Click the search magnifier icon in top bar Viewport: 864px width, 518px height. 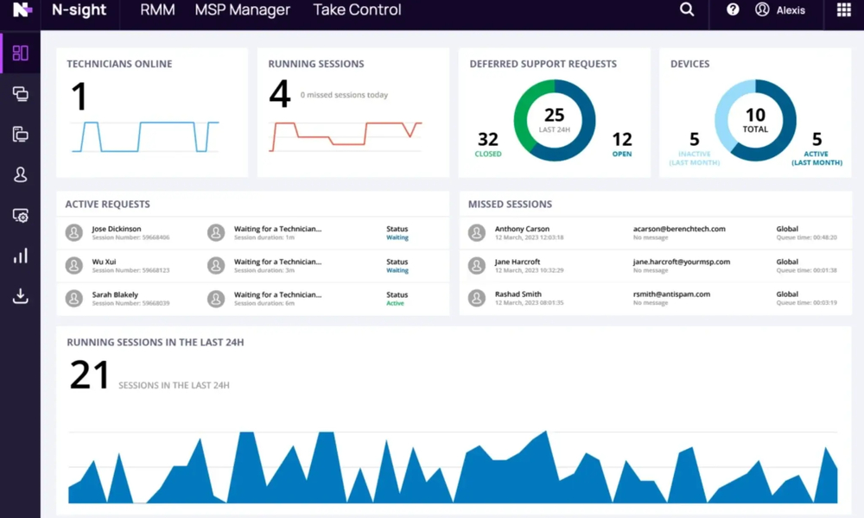click(687, 9)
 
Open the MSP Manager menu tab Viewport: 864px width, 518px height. click(242, 10)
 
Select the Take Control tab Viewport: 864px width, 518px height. click(357, 10)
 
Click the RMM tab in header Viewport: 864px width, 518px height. click(157, 10)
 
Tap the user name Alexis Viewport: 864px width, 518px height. click(791, 10)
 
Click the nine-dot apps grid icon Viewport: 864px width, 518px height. click(844, 10)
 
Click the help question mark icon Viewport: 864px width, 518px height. click(733, 9)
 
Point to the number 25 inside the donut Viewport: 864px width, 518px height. click(554, 116)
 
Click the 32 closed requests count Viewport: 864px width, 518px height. click(488, 139)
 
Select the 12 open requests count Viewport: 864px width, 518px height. click(622, 139)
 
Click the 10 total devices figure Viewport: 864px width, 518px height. click(755, 116)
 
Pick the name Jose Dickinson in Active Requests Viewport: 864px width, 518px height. click(117, 229)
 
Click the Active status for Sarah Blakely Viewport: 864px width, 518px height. click(395, 303)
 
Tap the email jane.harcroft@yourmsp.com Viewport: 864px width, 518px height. click(681, 262)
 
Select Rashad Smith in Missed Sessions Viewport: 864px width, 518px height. click(518, 294)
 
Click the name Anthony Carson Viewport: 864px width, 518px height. click(522, 229)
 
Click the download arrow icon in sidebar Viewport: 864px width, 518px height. click(20, 296)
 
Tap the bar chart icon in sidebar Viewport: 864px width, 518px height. click(20, 256)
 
